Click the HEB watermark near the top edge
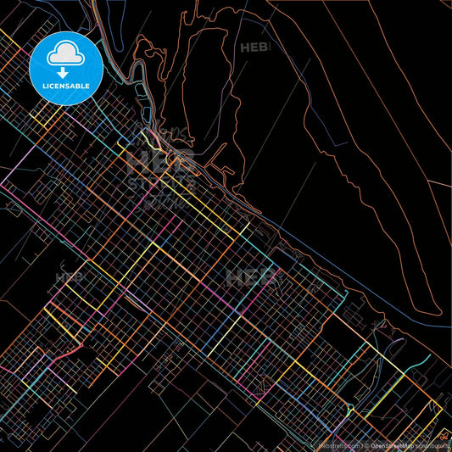(x=254, y=48)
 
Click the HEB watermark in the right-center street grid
(x=251, y=277)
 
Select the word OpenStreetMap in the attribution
(x=392, y=444)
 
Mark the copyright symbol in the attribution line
(x=367, y=444)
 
